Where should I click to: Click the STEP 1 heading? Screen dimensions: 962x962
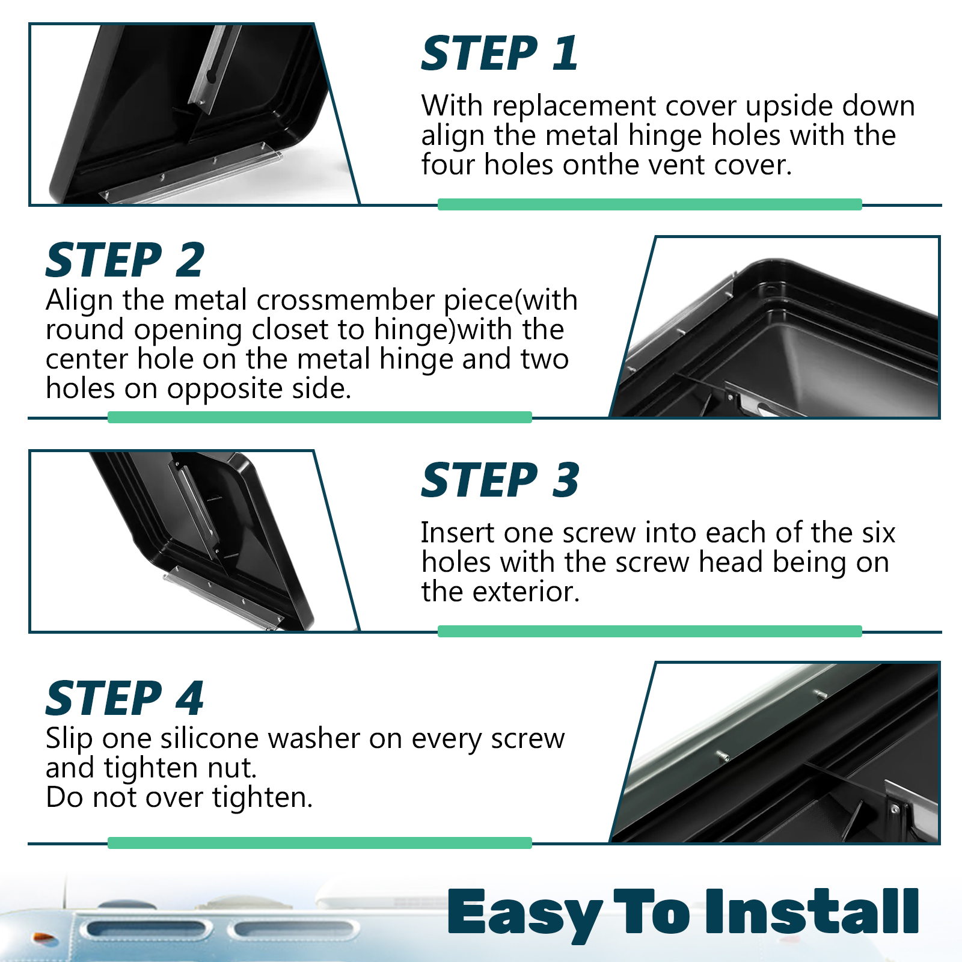[x=500, y=54]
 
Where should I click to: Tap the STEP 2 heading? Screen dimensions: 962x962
[x=125, y=260]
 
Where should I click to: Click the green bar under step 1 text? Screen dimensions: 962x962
[x=649, y=204]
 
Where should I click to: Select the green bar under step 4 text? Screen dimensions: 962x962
[x=320, y=842]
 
